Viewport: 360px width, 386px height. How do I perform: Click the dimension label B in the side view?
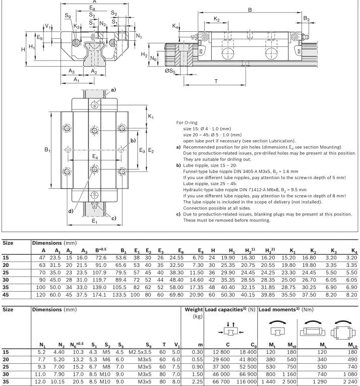250,9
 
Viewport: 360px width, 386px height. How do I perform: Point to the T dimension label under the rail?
216,81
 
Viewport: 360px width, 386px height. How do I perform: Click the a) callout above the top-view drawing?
113,90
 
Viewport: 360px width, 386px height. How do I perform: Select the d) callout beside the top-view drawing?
71,211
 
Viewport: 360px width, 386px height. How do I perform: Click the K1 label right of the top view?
151,116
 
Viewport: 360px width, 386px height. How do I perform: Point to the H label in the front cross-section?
23,49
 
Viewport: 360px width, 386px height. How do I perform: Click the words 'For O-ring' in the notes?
187,122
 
